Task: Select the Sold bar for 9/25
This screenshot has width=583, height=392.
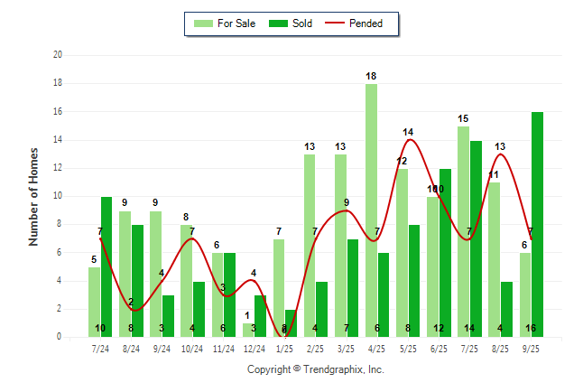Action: pyautogui.click(x=537, y=225)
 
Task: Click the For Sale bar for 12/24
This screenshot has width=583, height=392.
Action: pyautogui.click(x=248, y=330)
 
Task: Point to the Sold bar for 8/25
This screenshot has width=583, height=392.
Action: pyautogui.click(x=506, y=309)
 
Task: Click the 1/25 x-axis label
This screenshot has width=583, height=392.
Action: pyautogui.click(x=285, y=349)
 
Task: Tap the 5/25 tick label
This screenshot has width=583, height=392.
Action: pyautogui.click(x=408, y=349)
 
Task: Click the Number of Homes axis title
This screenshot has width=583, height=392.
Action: pyautogui.click(x=34, y=196)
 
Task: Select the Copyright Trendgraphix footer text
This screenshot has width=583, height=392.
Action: pyautogui.click(x=316, y=369)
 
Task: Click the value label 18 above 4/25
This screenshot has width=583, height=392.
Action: pyautogui.click(x=371, y=76)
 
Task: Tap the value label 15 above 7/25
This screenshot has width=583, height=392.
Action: pyautogui.click(x=463, y=118)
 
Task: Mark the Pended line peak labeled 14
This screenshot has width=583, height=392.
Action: pyautogui.click(x=409, y=139)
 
